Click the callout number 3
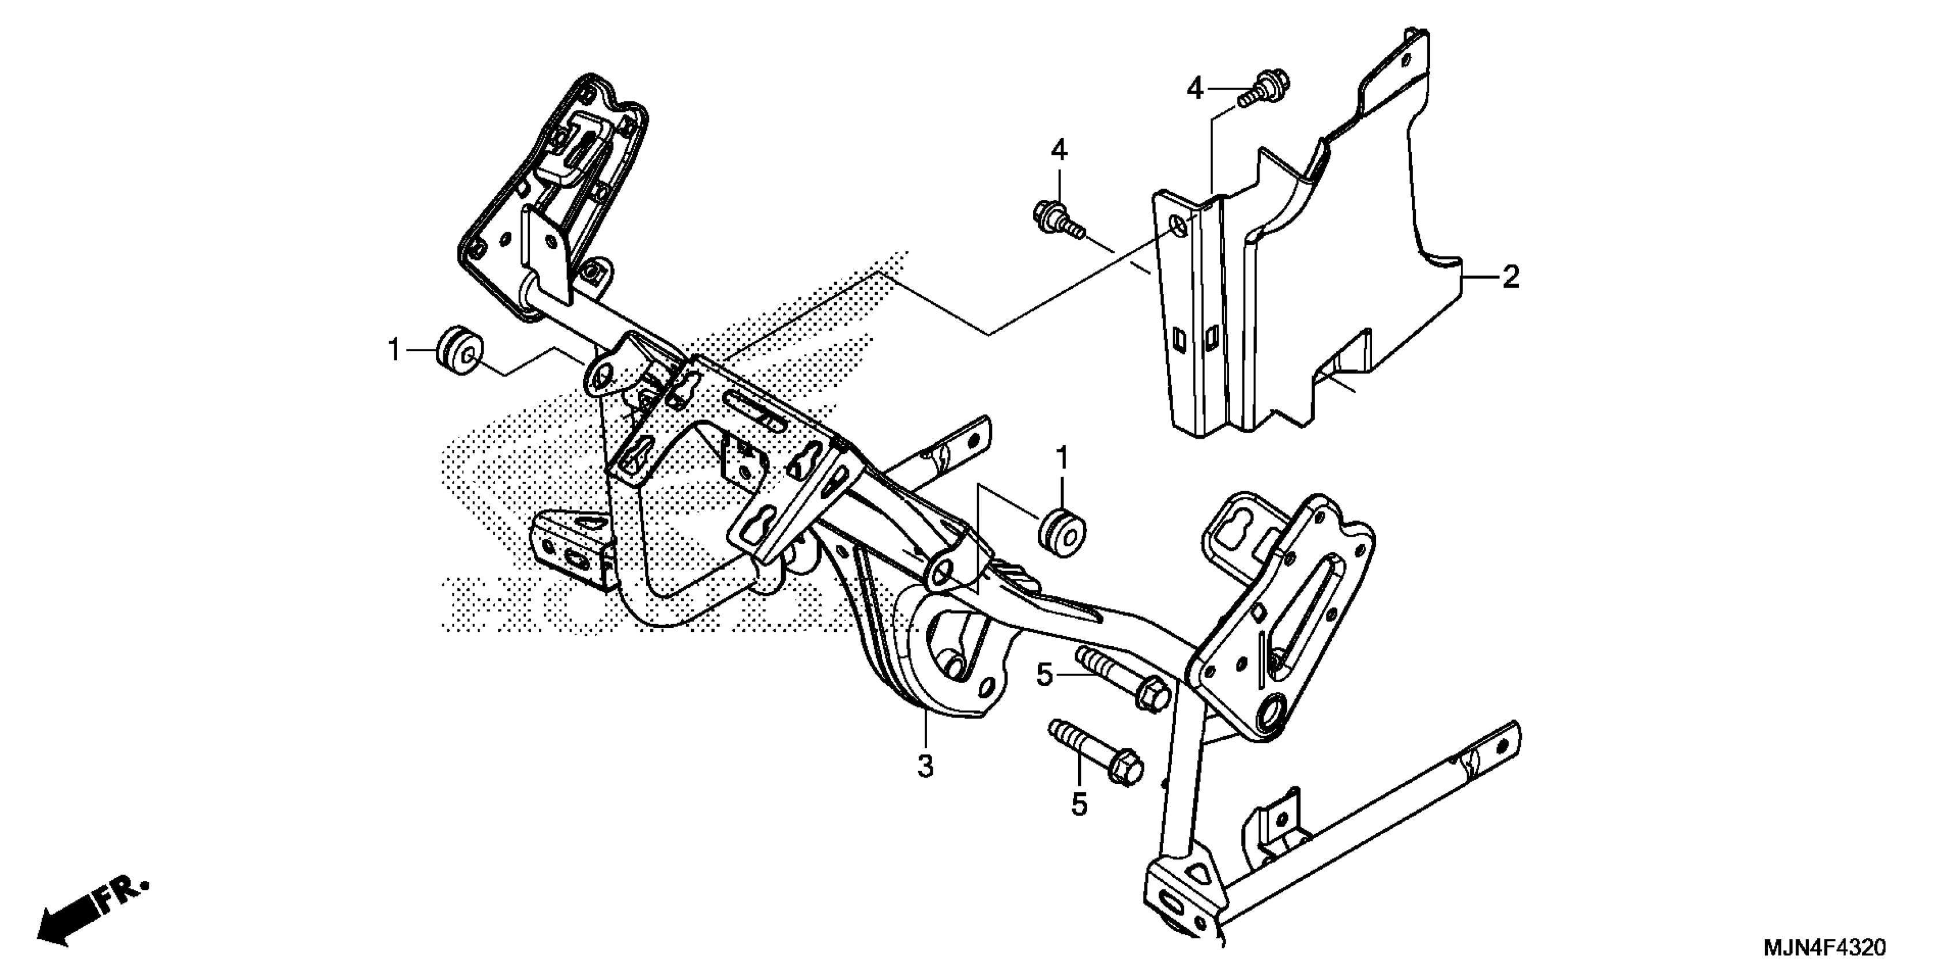pos(925,766)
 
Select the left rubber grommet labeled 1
pos(459,350)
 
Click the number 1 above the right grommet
pos(1063,459)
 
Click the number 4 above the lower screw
pos(1059,150)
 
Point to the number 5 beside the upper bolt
pos(1045,674)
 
